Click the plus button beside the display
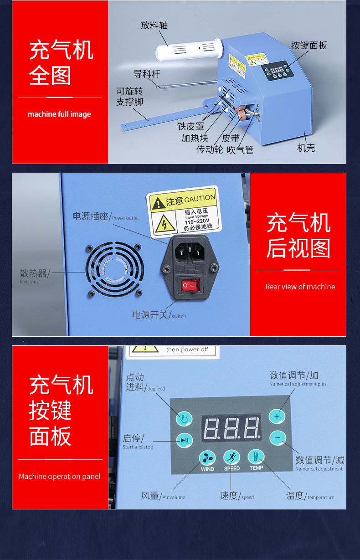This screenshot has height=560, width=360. [x=277, y=416]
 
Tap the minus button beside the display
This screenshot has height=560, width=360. [x=277, y=438]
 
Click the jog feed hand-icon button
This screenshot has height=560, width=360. [x=184, y=418]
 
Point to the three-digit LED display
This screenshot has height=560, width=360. [x=231, y=428]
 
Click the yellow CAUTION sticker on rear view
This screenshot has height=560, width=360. [x=184, y=212]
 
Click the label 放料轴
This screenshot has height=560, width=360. [x=154, y=26]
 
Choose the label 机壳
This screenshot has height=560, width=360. [x=306, y=148]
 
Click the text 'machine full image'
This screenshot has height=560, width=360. [x=59, y=114]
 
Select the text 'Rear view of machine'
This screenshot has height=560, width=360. [x=300, y=287]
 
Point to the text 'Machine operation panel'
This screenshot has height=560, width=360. [x=59, y=476]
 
